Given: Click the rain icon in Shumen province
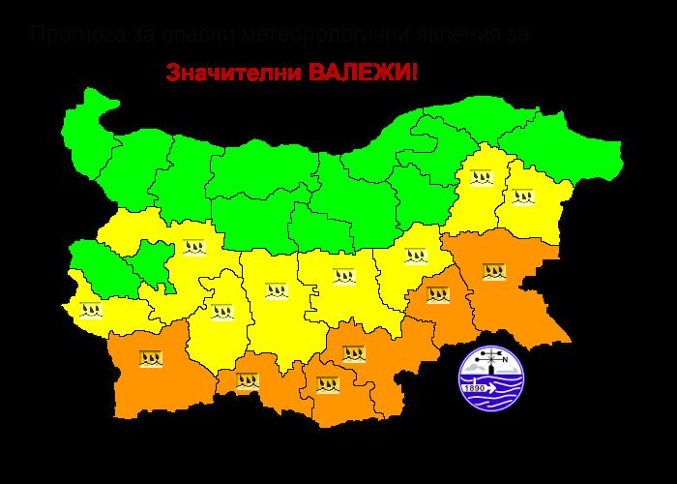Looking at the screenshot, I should (x=482, y=177).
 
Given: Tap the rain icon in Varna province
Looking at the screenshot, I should (x=523, y=197).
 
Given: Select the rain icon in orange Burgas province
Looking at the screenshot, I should (x=494, y=271).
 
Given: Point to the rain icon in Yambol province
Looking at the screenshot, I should (x=438, y=294).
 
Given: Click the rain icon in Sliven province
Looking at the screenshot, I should (x=416, y=257).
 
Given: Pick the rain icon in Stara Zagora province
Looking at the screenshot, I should (x=343, y=276).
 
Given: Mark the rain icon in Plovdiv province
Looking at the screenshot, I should (x=275, y=290).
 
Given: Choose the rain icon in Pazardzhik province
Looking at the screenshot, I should (x=222, y=311).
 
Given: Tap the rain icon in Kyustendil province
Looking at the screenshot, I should (x=91, y=311).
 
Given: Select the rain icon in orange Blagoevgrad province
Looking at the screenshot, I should (x=150, y=358).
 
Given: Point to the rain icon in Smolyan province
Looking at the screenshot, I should (x=248, y=380).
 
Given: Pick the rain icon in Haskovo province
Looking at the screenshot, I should (x=353, y=353).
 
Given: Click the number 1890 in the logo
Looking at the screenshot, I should (x=475, y=388).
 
